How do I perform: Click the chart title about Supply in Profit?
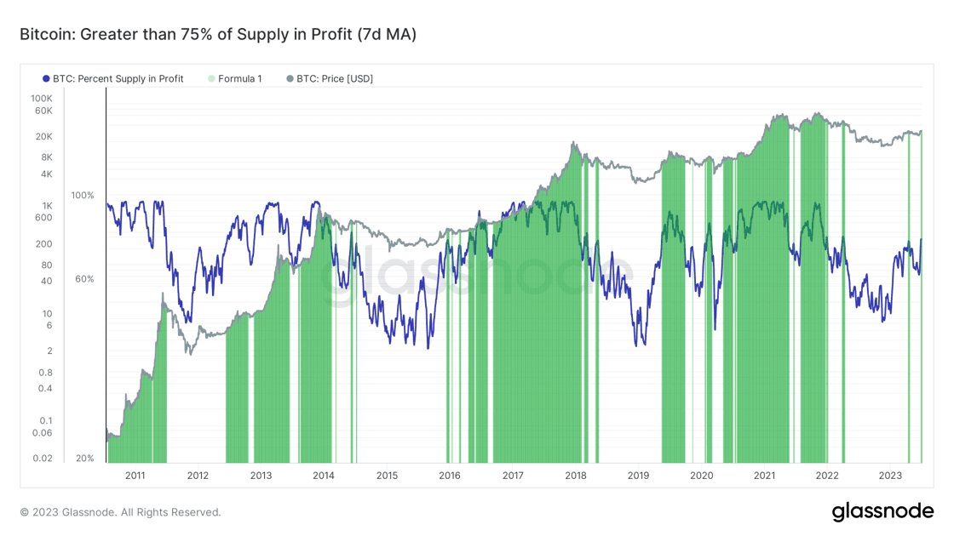[218, 35]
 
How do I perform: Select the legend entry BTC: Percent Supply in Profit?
[118, 78]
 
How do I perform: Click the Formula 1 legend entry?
[239, 78]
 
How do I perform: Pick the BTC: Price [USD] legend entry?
[334, 78]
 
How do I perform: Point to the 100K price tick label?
[42, 99]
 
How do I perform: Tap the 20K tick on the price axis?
[43, 137]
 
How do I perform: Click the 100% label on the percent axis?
[83, 196]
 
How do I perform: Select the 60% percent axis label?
[84, 279]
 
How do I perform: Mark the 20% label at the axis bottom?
[84, 459]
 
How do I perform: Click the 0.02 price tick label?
[42, 459]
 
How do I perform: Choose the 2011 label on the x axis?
[135, 476]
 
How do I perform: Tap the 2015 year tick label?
[387, 476]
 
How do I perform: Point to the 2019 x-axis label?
[638, 476]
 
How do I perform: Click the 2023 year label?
[889, 476]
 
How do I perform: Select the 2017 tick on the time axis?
[513, 476]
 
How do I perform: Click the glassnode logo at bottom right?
[882, 511]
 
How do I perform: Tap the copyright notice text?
[120, 512]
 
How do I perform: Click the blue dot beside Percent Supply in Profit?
[46, 78]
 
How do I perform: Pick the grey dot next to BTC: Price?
[290, 78]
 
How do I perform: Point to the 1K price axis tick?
[47, 206]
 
